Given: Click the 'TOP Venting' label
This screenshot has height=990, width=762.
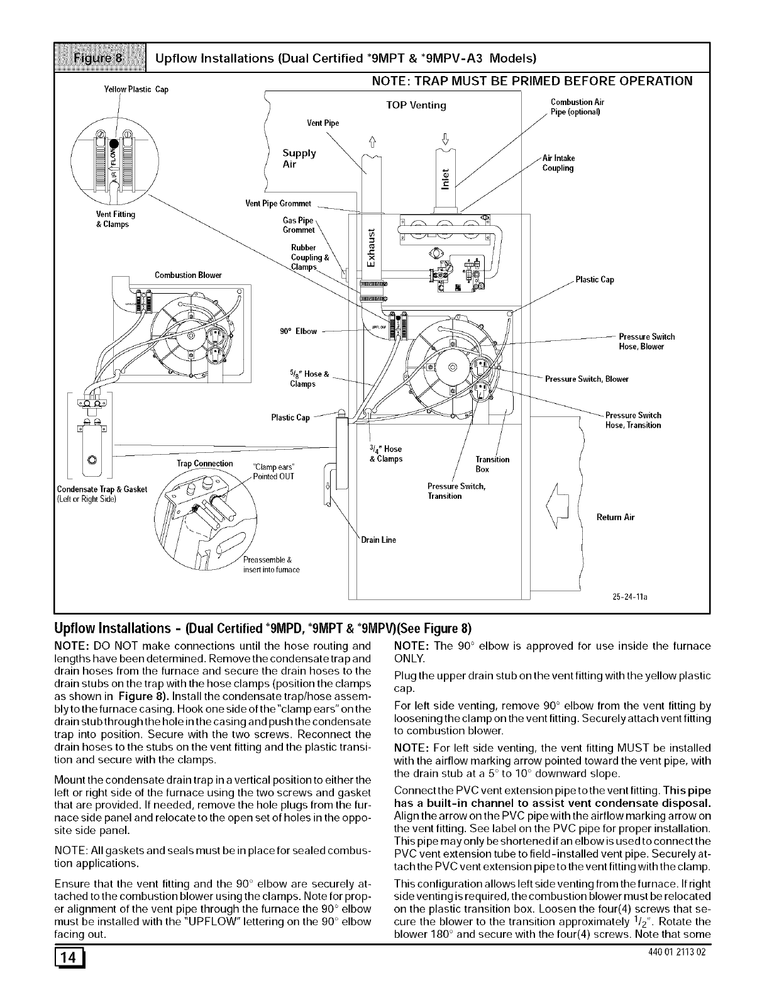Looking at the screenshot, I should pyautogui.click(x=416, y=105).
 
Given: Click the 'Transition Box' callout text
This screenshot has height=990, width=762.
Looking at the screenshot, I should pyautogui.click(x=492, y=464).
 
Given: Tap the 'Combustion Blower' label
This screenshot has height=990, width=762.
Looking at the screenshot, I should pyautogui.click(x=188, y=275).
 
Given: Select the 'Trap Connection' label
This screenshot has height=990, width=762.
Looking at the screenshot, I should pyautogui.click(x=205, y=464).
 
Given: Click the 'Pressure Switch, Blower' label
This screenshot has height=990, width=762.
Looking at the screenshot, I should pyautogui.click(x=587, y=379).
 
